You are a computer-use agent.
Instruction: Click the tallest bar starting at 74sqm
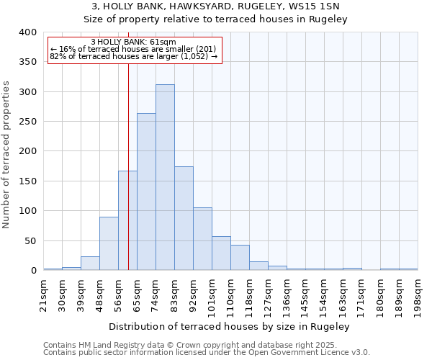pyautogui.click(x=165, y=177)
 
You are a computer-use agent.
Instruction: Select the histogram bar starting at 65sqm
pyautogui.click(x=146, y=192)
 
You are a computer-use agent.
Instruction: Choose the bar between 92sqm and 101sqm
pyautogui.click(x=202, y=239)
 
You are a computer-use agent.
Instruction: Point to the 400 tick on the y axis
pyautogui.click(x=28, y=32)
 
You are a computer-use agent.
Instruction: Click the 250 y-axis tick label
pyautogui.click(x=28, y=122)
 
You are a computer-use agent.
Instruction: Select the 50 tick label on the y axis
pyautogui.click(x=30, y=240)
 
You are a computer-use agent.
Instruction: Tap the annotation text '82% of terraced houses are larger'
pyautogui.click(x=133, y=56)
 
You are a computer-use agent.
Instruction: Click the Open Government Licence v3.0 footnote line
pyautogui.click(x=207, y=353)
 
